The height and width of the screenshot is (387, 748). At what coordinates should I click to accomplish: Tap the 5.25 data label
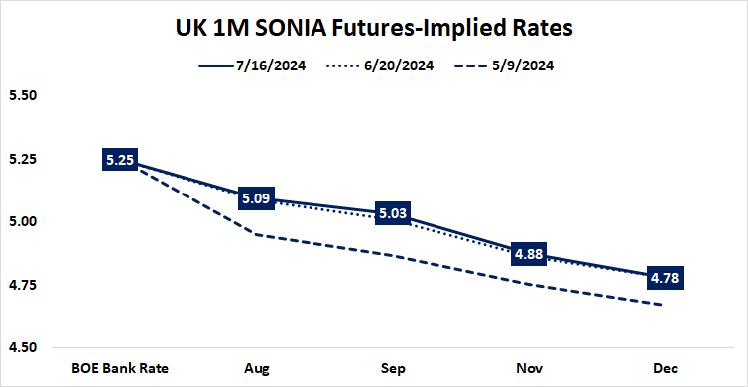118,160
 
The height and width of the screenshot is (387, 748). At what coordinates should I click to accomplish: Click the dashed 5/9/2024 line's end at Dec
661,305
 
